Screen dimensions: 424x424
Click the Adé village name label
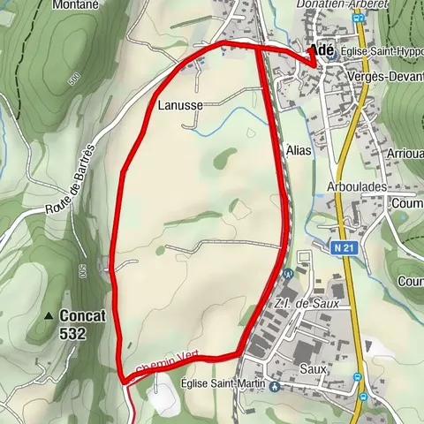(320, 51)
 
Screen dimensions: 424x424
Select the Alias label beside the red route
(299, 151)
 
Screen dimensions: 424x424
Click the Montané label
(76, 5)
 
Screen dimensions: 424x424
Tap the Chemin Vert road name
(169, 361)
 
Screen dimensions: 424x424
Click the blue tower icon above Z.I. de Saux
(288, 274)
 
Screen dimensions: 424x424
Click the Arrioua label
(405, 153)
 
